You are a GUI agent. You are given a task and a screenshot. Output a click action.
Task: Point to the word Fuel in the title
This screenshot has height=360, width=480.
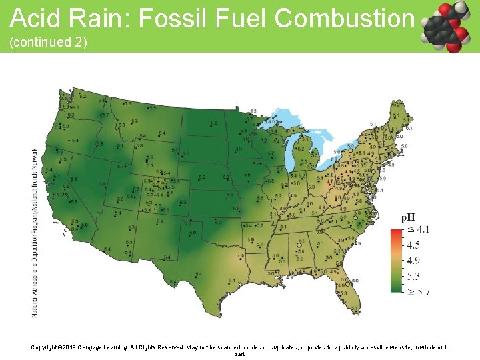[243, 18]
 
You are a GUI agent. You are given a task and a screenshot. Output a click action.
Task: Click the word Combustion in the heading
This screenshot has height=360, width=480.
[344, 18]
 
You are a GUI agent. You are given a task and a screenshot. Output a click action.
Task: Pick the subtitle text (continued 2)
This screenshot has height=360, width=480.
[48, 42]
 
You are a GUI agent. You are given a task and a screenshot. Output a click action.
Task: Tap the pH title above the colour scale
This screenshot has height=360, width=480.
[407, 217]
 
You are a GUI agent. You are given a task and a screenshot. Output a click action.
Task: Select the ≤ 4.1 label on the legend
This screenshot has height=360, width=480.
[418, 229]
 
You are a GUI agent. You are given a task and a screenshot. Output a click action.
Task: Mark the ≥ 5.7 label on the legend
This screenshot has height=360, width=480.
[418, 291]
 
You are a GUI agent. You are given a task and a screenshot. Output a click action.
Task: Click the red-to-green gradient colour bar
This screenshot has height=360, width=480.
[397, 260]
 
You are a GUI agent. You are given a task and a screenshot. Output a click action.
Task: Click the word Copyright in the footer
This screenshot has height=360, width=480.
[47, 347]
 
